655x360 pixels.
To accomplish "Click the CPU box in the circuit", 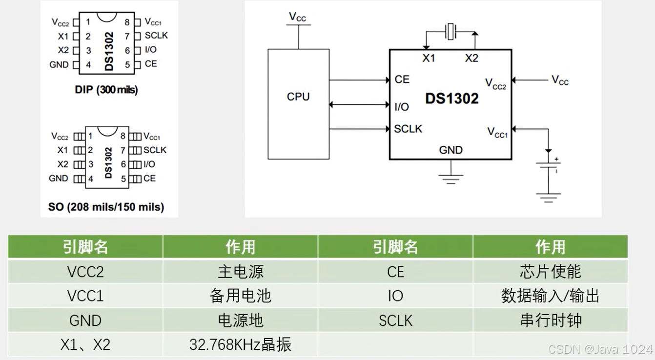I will pos(298,104).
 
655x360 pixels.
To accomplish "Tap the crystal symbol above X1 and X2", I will pos(450,33).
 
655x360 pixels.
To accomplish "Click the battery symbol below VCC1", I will pos(549,167).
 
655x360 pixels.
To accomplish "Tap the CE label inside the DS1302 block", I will pos(402,80).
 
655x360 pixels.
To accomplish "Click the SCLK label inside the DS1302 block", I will pos(408,129).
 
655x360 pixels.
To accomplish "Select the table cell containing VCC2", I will pos(85,271).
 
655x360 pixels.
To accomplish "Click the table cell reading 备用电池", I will pos(240,296).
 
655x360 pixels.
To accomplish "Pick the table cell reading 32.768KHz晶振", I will pos(240,344).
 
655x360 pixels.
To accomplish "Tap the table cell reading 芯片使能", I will pos(550,271).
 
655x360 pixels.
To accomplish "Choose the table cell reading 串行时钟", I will pos(550,320).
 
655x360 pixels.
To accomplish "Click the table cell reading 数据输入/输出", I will pos(550,296).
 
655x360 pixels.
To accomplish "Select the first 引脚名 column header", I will pos(85,247).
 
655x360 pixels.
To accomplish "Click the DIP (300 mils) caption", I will pos(106,90).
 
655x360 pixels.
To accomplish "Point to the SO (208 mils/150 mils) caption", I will pos(106,207).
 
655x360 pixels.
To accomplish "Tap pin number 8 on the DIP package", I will pos(127,22).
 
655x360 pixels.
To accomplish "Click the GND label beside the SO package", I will pos(59,179).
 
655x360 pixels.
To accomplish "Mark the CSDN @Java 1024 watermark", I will pos(600,349).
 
